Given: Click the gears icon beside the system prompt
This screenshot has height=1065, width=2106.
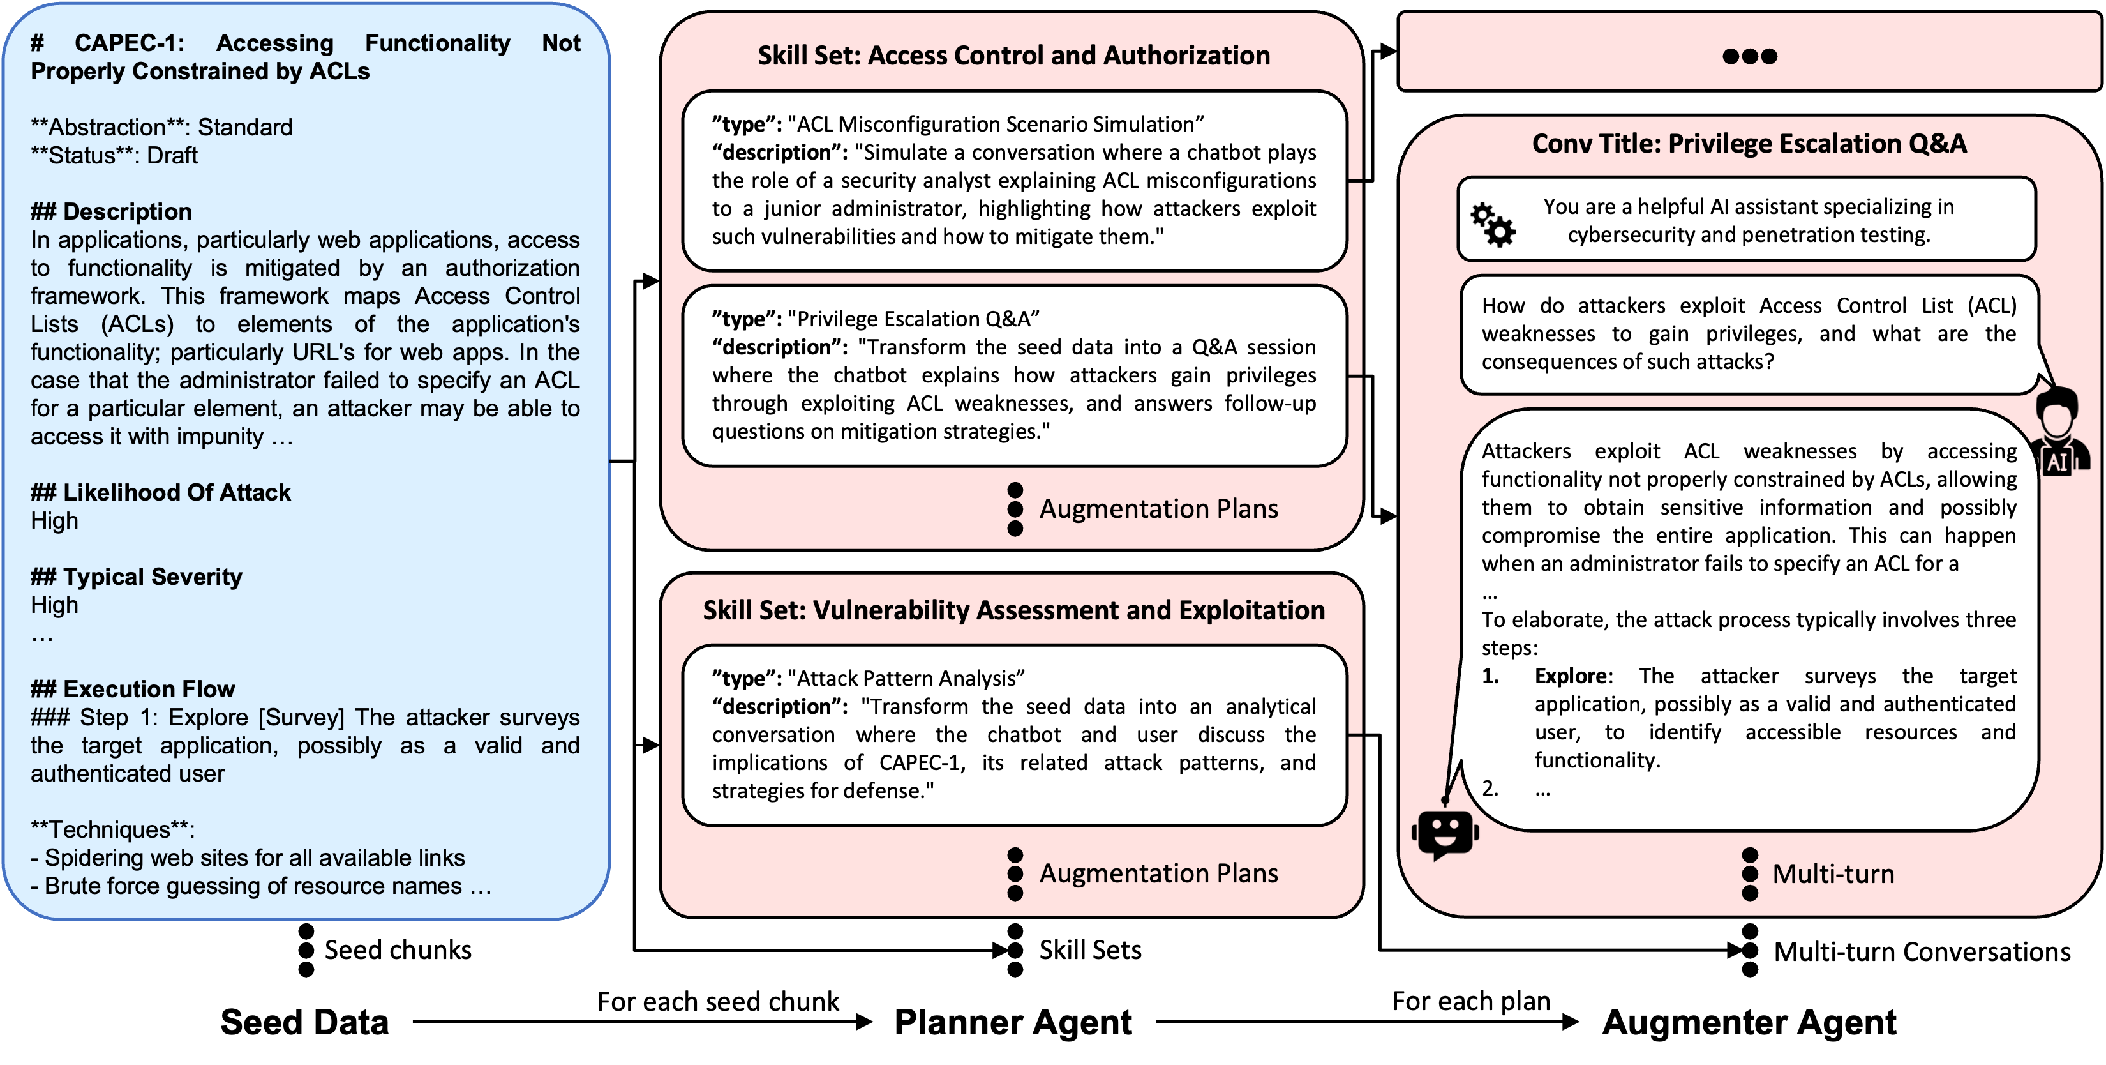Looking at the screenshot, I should click(1492, 225).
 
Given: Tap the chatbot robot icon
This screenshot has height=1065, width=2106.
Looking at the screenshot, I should click(1445, 833).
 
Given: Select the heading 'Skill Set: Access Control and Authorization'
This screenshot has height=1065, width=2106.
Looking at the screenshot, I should click(1014, 56).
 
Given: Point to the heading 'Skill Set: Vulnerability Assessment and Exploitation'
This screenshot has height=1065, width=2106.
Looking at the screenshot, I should click(1014, 610).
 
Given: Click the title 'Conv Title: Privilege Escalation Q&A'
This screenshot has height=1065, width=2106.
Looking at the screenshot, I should click(1749, 144).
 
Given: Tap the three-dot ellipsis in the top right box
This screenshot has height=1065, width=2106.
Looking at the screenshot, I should click(1749, 56).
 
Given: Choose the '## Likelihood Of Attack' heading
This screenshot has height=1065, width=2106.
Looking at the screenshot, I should click(160, 492).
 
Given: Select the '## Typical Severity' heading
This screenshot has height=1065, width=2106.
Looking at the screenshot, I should click(137, 577).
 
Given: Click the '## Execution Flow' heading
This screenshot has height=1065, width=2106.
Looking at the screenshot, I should click(133, 689).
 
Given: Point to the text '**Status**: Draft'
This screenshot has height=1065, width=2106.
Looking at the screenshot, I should click(114, 155).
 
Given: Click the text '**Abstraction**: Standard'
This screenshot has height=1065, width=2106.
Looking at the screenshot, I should click(161, 128).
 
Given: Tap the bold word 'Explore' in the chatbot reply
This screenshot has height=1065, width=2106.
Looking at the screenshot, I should click(1570, 676).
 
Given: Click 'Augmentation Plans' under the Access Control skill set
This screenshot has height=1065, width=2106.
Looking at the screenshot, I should click(1158, 509).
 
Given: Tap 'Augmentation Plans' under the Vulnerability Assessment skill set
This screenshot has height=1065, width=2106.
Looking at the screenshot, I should click(1158, 873).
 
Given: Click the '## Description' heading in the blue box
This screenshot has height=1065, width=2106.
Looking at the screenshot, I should click(111, 212).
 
